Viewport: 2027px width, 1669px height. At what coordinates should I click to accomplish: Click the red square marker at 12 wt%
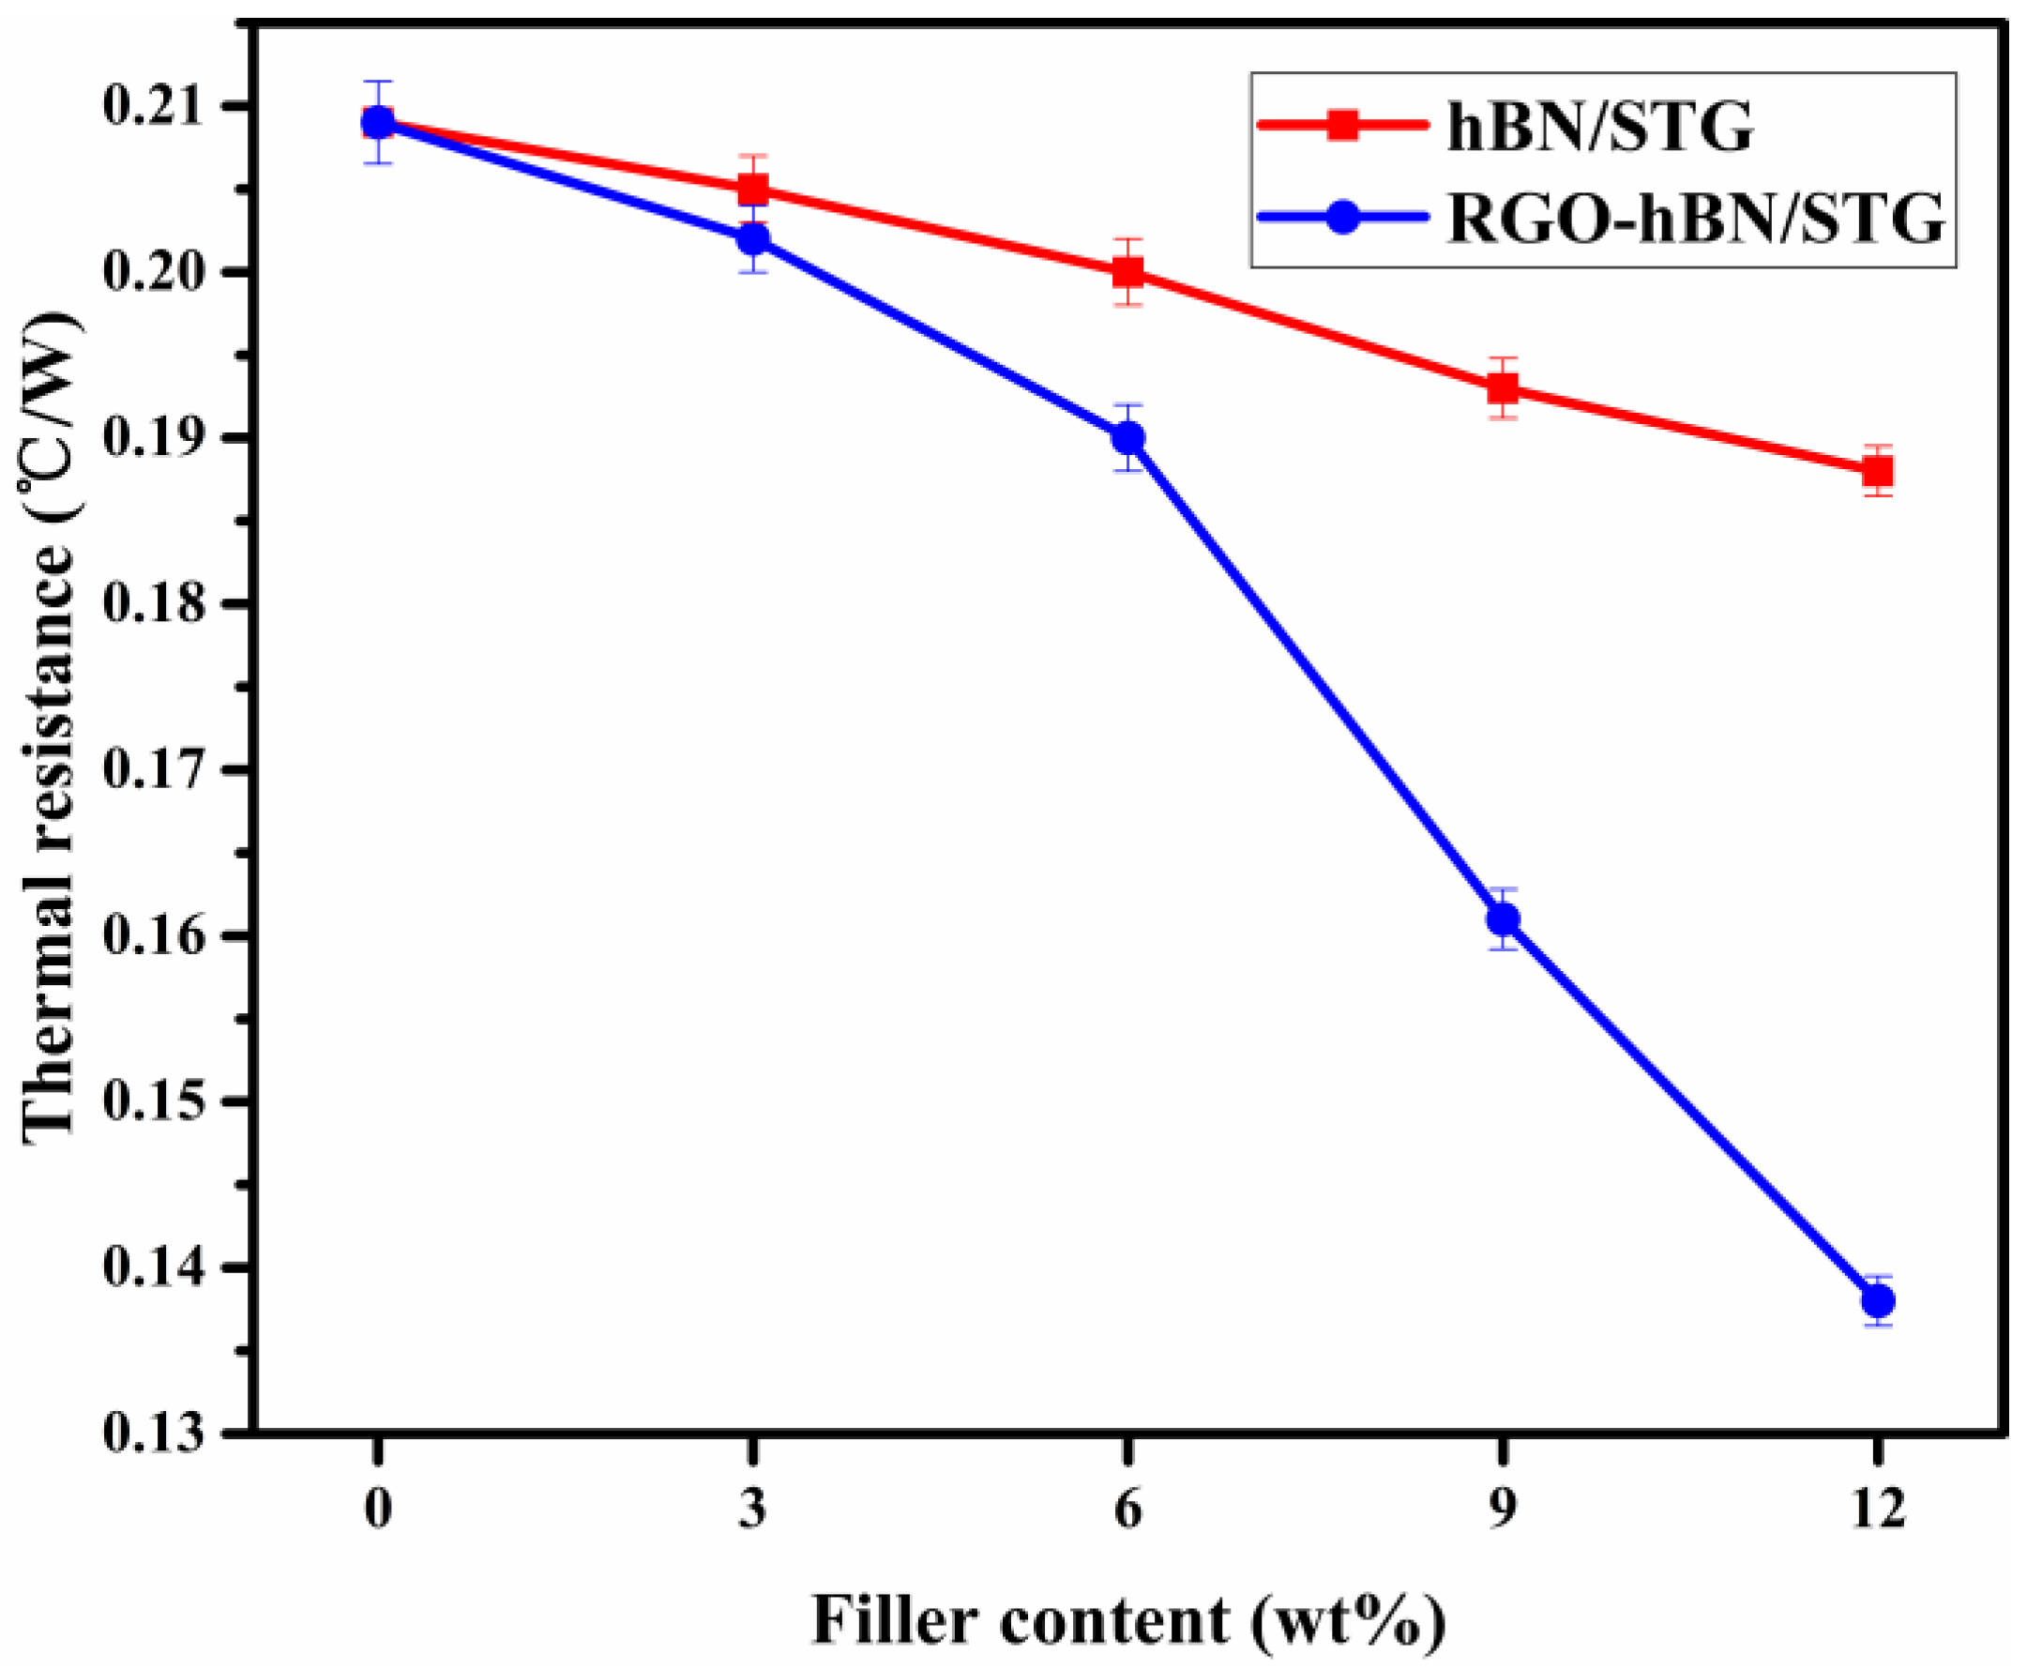[x=1877, y=471]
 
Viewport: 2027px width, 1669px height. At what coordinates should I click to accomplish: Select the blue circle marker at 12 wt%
[x=1877, y=1301]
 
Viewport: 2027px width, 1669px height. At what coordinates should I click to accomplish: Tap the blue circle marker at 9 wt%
[x=1504, y=919]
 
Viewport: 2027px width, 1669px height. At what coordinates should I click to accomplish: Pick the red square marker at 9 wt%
[x=1504, y=388]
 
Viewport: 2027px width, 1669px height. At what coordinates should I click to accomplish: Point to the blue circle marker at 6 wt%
[x=1128, y=438]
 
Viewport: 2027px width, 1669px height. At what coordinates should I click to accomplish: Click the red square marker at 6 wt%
[x=1128, y=272]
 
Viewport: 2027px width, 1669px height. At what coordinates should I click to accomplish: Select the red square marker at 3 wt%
[x=753, y=190]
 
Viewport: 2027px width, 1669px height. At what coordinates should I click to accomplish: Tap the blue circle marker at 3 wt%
[x=753, y=238]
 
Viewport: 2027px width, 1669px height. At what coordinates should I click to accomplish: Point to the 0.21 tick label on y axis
[x=155, y=107]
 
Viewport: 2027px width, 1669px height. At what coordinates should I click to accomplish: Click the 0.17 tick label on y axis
[x=155, y=770]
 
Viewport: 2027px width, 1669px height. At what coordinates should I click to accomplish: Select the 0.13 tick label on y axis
[x=155, y=1434]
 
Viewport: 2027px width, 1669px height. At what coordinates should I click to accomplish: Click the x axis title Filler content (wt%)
[x=1128, y=1621]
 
